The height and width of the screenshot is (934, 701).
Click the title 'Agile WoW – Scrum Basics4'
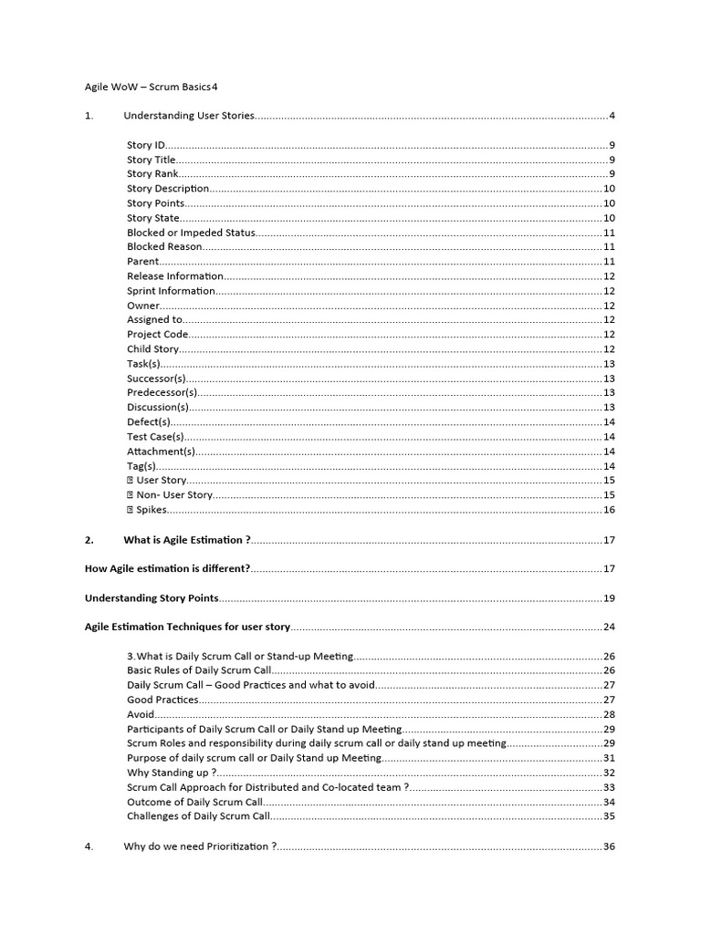[x=152, y=87]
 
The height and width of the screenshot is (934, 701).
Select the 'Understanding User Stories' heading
[x=189, y=116]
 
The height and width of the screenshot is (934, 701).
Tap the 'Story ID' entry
[x=146, y=145]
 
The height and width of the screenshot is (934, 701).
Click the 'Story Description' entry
[x=168, y=189]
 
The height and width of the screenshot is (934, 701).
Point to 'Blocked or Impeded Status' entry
[x=191, y=233]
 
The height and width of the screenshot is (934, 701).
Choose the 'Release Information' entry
[x=174, y=276]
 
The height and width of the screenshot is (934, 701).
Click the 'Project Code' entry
[x=157, y=335]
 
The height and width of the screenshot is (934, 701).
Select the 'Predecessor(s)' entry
[x=162, y=393]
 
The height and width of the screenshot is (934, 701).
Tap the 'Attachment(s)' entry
[x=161, y=451]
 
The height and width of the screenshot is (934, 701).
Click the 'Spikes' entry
[x=151, y=510]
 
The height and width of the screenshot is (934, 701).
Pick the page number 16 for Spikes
[x=609, y=510]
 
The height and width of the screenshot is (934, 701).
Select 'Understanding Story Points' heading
[x=152, y=598]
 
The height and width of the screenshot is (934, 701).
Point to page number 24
[x=609, y=628]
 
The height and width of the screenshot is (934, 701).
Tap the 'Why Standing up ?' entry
[x=165, y=773]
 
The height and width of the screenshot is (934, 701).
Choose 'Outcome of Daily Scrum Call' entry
[x=194, y=802]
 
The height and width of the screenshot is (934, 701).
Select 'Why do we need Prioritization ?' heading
[x=196, y=846]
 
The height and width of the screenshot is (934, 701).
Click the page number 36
[x=609, y=846]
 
